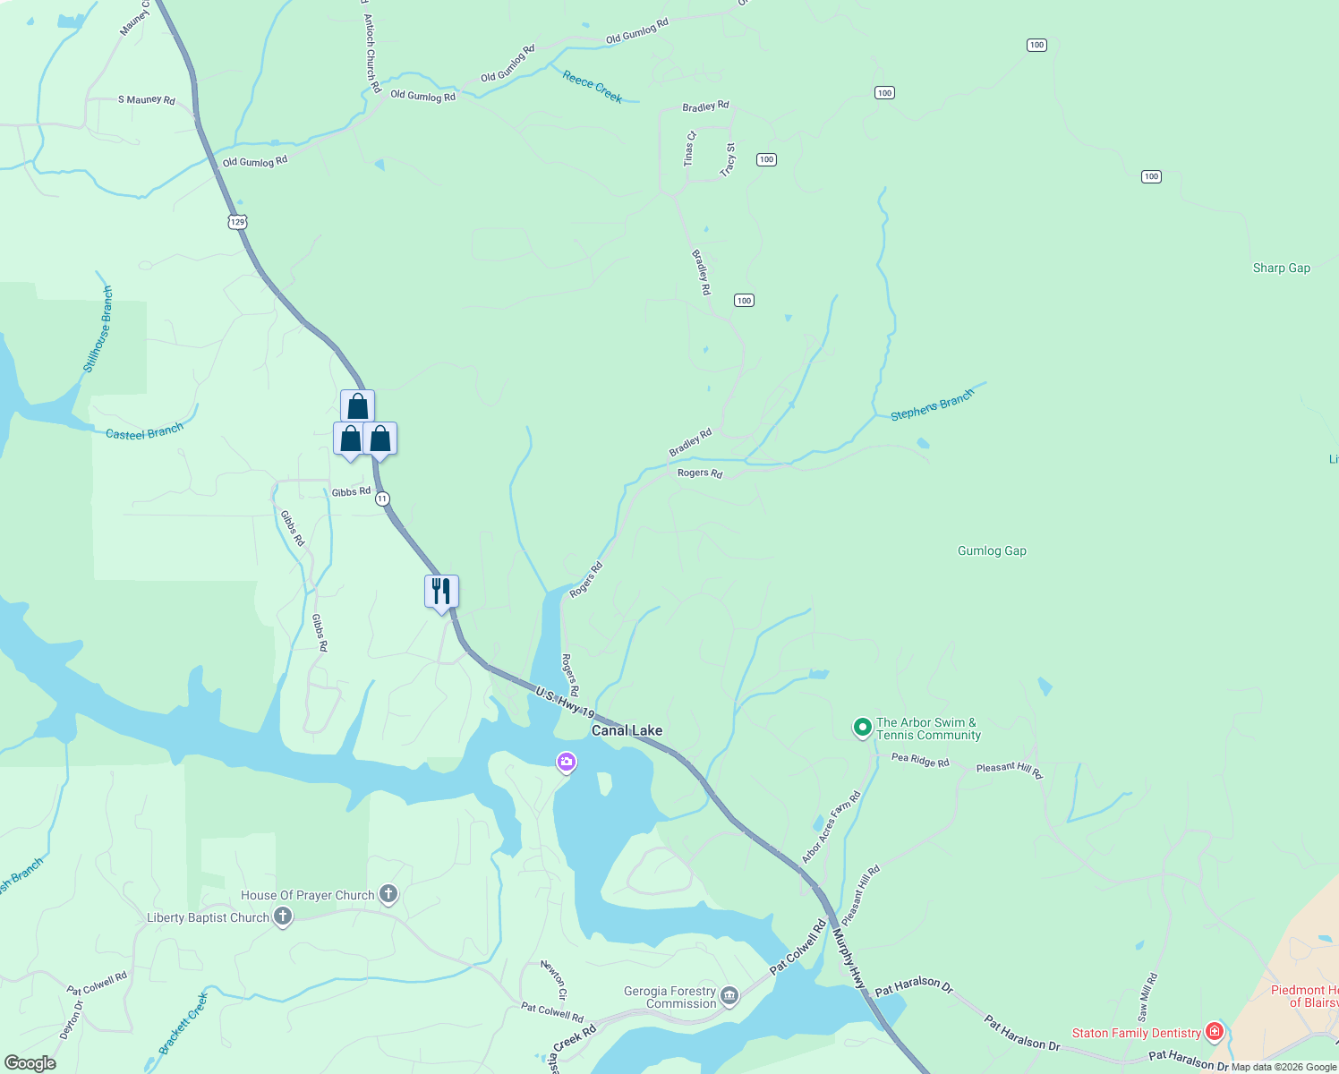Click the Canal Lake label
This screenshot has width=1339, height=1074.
click(x=627, y=730)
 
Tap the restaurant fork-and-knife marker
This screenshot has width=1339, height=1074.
click(x=441, y=592)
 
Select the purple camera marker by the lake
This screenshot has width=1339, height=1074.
click(x=566, y=763)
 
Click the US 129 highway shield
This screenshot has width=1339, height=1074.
click(x=236, y=221)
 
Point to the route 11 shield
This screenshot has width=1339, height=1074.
click(x=383, y=499)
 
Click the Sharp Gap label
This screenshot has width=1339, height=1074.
click(x=1281, y=268)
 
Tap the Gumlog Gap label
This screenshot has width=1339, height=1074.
click(x=992, y=550)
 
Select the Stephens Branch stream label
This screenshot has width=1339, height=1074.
click(x=932, y=405)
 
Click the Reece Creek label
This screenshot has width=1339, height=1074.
click(x=593, y=87)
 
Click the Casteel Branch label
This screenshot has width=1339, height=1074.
click(x=144, y=432)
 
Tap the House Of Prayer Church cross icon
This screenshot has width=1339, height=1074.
click(x=388, y=894)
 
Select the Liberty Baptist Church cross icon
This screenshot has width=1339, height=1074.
click(x=283, y=916)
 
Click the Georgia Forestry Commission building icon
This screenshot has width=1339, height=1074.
click(x=729, y=996)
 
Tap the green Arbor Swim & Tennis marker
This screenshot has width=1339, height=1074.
click(x=862, y=728)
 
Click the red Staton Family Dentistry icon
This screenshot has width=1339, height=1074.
click(x=1214, y=1032)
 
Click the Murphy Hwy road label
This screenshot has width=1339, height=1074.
click(x=849, y=958)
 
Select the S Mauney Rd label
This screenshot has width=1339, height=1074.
click(x=147, y=99)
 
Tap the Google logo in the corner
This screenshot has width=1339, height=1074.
click(x=30, y=1062)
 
